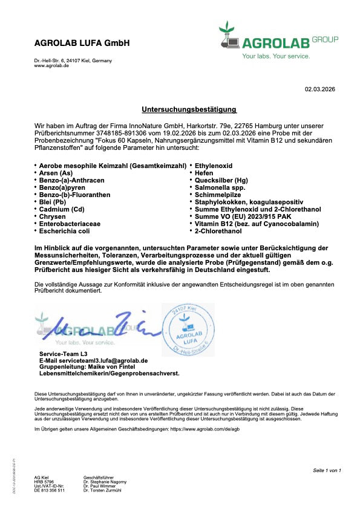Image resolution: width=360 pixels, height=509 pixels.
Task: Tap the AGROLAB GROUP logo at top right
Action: pos(278,41)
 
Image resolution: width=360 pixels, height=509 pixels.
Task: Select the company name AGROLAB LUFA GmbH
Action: pos(82,44)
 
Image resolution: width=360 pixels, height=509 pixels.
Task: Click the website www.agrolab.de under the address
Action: pos(51,65)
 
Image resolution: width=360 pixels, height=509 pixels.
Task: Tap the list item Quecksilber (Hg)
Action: pos(221,181)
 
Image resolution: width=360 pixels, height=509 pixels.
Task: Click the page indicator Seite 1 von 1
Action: pos(327,470)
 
